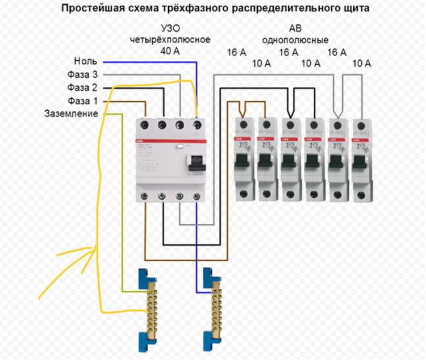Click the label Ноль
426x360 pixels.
[86, 61]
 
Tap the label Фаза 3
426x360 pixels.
[82, 74]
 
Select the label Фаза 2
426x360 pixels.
[82, 87]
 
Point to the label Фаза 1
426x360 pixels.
[82, 101]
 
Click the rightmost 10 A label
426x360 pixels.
[361, 64]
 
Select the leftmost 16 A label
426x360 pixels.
[237, 52]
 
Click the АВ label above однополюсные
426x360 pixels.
[295, 30]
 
